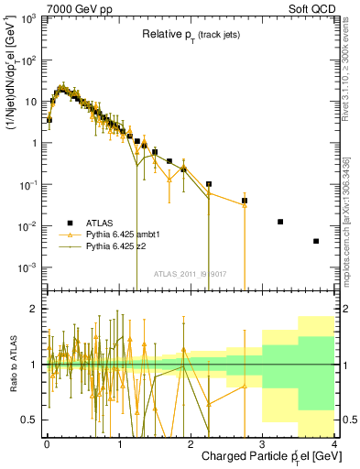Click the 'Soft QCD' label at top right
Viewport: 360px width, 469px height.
(311, 8)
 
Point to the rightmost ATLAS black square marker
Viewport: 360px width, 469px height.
(316, 241)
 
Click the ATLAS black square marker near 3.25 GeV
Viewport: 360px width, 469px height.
(280, 222)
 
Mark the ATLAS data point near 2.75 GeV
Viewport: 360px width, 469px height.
(245, 201)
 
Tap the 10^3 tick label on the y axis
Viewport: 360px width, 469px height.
(28, 18)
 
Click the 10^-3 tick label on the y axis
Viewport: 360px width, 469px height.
(28, 267)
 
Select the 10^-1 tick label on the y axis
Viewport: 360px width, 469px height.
(28, 185)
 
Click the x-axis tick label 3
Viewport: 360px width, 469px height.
(262, 443)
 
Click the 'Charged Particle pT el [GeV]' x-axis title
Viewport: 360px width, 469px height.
(265, 457)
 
